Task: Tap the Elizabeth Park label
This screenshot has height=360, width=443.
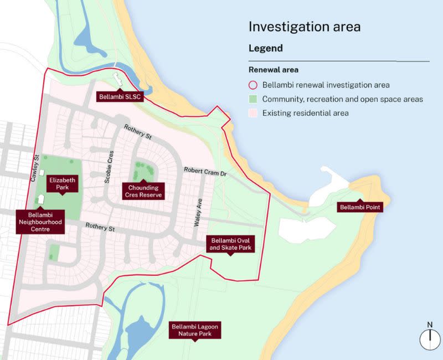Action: click(x=63, y=184)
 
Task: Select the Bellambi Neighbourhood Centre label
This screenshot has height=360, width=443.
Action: click(x=40, y=222)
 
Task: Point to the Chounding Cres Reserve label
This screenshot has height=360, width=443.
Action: click(x=143, y=192)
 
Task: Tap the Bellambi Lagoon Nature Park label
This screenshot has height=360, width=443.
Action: click(x=194, y=330)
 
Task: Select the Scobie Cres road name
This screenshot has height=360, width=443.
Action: click(x=109, y=167)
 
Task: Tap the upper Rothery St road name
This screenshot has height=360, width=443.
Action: click(x=138, y=131)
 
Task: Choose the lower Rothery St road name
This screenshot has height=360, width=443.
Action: click(x=100, y=227)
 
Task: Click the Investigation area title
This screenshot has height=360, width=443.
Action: click(x=305, y=27)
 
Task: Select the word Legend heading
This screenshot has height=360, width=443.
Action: click(x=266, y=48)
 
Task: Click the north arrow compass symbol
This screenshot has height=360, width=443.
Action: click(x=429, y=338)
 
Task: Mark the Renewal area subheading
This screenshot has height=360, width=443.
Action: click(x=274, y=70)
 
